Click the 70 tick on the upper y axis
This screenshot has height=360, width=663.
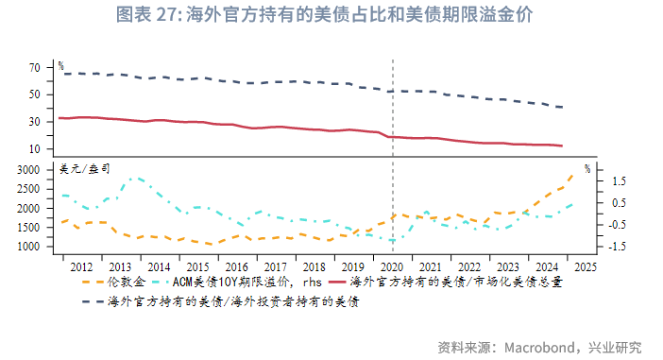coord(35,68)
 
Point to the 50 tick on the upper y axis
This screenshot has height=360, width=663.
coord(35,94)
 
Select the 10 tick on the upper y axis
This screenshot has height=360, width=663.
coord(35,149)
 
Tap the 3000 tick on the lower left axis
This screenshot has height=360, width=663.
coord(29,169)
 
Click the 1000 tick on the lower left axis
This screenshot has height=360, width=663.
coord(29,247)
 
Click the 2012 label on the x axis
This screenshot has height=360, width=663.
coord(80,267)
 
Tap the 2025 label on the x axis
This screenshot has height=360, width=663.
coord(584,267)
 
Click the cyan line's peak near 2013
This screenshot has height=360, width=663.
coord(134,177)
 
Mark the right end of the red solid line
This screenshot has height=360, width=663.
coord(563,146)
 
